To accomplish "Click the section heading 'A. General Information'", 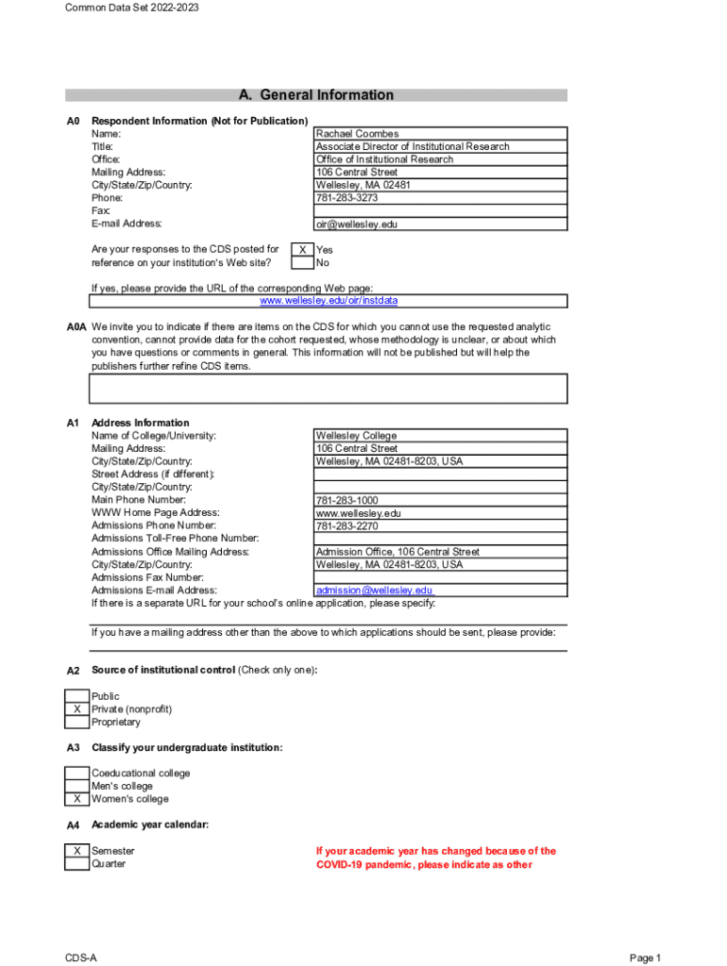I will [x=316, y=95].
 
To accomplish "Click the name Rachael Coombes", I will [x=358, y=134].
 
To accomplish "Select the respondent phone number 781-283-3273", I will [x=347, y=198].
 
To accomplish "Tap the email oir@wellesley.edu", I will [x=357, y=225].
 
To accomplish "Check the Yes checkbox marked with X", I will [x=302, y=250].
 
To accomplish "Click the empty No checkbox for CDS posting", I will [x=302, y=263].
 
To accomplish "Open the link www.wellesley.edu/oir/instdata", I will [x=329, y=301].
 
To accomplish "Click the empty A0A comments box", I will [x=329, y=389].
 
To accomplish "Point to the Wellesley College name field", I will [x=356, y=436].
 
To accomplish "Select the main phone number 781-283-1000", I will [x=347, y=501].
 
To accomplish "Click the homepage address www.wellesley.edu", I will [x=359, y=513].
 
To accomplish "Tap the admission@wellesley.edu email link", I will [x=374, y=591].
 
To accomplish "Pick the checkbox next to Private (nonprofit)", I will [x=76, y=709].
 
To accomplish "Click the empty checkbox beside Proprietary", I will [x=76, y=723].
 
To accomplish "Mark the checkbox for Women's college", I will [x=76, y=799].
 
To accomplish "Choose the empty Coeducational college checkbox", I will [x=76, y=774].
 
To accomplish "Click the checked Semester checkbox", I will [x=76, y=851].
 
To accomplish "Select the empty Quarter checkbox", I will [x=76, y=864].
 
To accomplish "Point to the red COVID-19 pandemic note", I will [x=435, y=858].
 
